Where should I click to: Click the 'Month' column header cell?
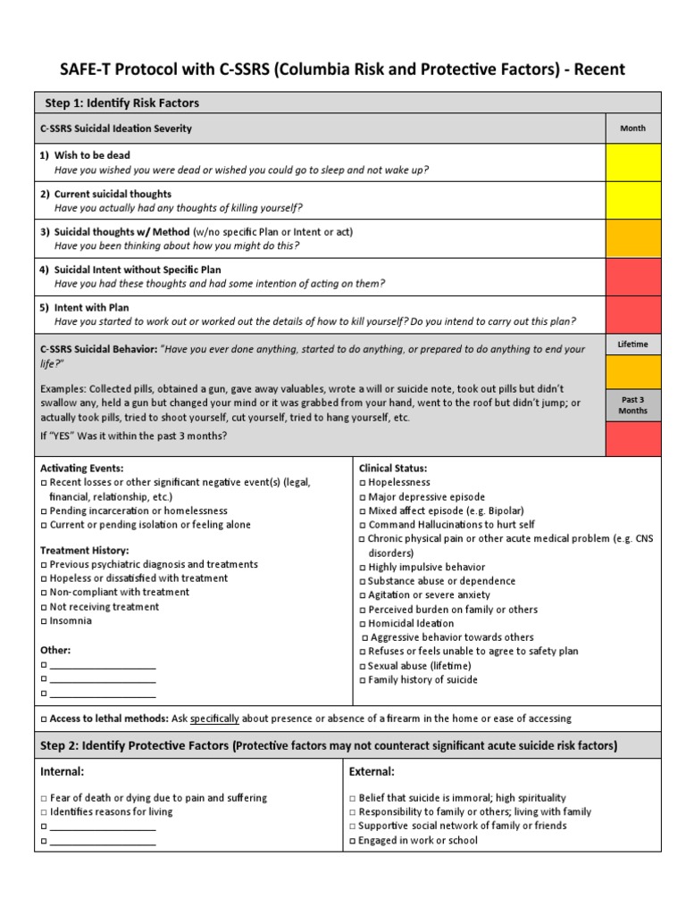(x=633, y=129)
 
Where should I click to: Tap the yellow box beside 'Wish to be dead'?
(x=633, y=162)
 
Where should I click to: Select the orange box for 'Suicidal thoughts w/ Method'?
(x=633, y=239)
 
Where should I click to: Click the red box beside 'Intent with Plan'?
(x=633, y=315)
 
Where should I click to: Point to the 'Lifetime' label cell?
(x=633, y=345)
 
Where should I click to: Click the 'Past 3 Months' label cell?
(x=633, y=405)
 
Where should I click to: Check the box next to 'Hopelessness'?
(x=363, y=483)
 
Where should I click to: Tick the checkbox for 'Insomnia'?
(x=44, y=621)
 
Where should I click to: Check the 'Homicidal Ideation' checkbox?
(x=363, y=624)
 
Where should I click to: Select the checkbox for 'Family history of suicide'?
(x=363, y=680)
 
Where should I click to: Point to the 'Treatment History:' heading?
(x=85, y=551)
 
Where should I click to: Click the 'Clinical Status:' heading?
(x=393, y=468)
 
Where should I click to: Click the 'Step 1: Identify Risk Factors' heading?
(x=122, y=103)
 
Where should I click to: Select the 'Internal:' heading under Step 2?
(x=63, y=771)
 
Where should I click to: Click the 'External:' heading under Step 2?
(x=372, y=771)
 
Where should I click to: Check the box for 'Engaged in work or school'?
(x=353, y=841)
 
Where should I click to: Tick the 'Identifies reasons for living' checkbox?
(x=44, y=812)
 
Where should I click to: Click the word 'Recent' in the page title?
(x=600, y=69)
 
